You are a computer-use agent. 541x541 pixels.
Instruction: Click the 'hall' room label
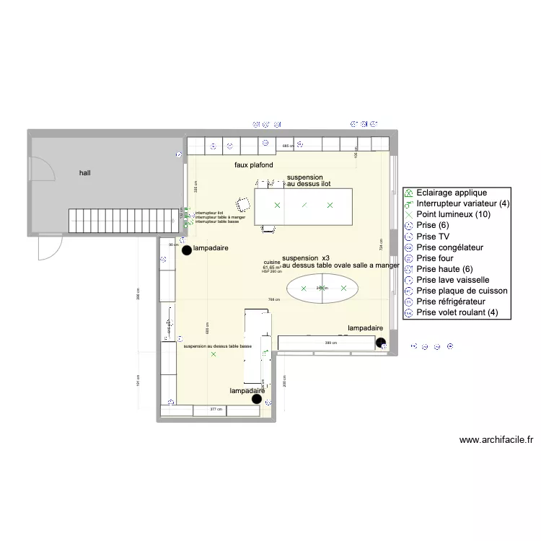tap(85, 173)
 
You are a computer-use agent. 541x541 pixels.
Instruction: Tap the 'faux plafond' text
tap(254, 165)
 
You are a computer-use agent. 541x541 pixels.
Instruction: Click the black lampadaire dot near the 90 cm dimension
tap(187, 250)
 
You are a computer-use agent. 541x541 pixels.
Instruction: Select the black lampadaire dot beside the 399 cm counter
tap(380, 343)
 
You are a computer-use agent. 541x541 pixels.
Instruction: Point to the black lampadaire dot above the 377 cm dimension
tap(256, 398)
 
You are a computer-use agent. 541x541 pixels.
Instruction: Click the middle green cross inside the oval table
tap(323, 289)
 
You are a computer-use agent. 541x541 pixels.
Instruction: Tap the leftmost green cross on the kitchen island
tap(277, 206)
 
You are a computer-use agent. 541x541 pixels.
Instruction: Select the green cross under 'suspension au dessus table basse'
tap(213, 354)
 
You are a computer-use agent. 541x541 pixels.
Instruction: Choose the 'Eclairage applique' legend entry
tap(452, 193)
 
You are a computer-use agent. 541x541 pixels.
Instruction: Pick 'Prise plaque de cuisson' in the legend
tap(462, 291)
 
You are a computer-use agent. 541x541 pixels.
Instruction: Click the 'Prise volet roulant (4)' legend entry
tap(457, 312)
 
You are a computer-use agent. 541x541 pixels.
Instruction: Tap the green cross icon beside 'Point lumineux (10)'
tap(408, 215)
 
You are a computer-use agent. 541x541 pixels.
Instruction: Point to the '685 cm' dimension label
tap(287, 146)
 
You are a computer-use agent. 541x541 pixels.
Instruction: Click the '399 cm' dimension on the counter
tap(330, 343)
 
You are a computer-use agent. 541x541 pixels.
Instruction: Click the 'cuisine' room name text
tap(272, 263)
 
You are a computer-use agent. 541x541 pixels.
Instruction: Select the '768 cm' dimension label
tap(273, 299)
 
